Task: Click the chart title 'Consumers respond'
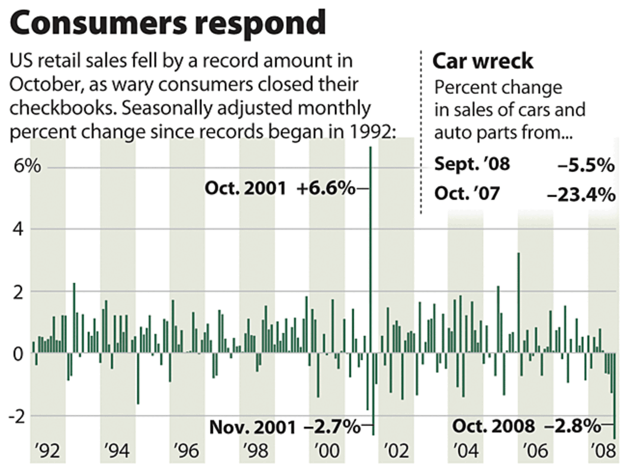pyautogui.click(x=168, y=24)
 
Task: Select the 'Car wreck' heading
pyautogui.click(x=483, y=62)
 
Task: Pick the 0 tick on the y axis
pyautogui.click(x=20, y=354)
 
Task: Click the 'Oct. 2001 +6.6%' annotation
pyautogui.click(x=279, y=189)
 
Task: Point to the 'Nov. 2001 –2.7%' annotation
pyautogui.click(x=285, y=426)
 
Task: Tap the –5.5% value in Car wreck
pyautogui.click(x=584, y=165)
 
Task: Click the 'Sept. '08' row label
pyautogui.click(x=472, y=165)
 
